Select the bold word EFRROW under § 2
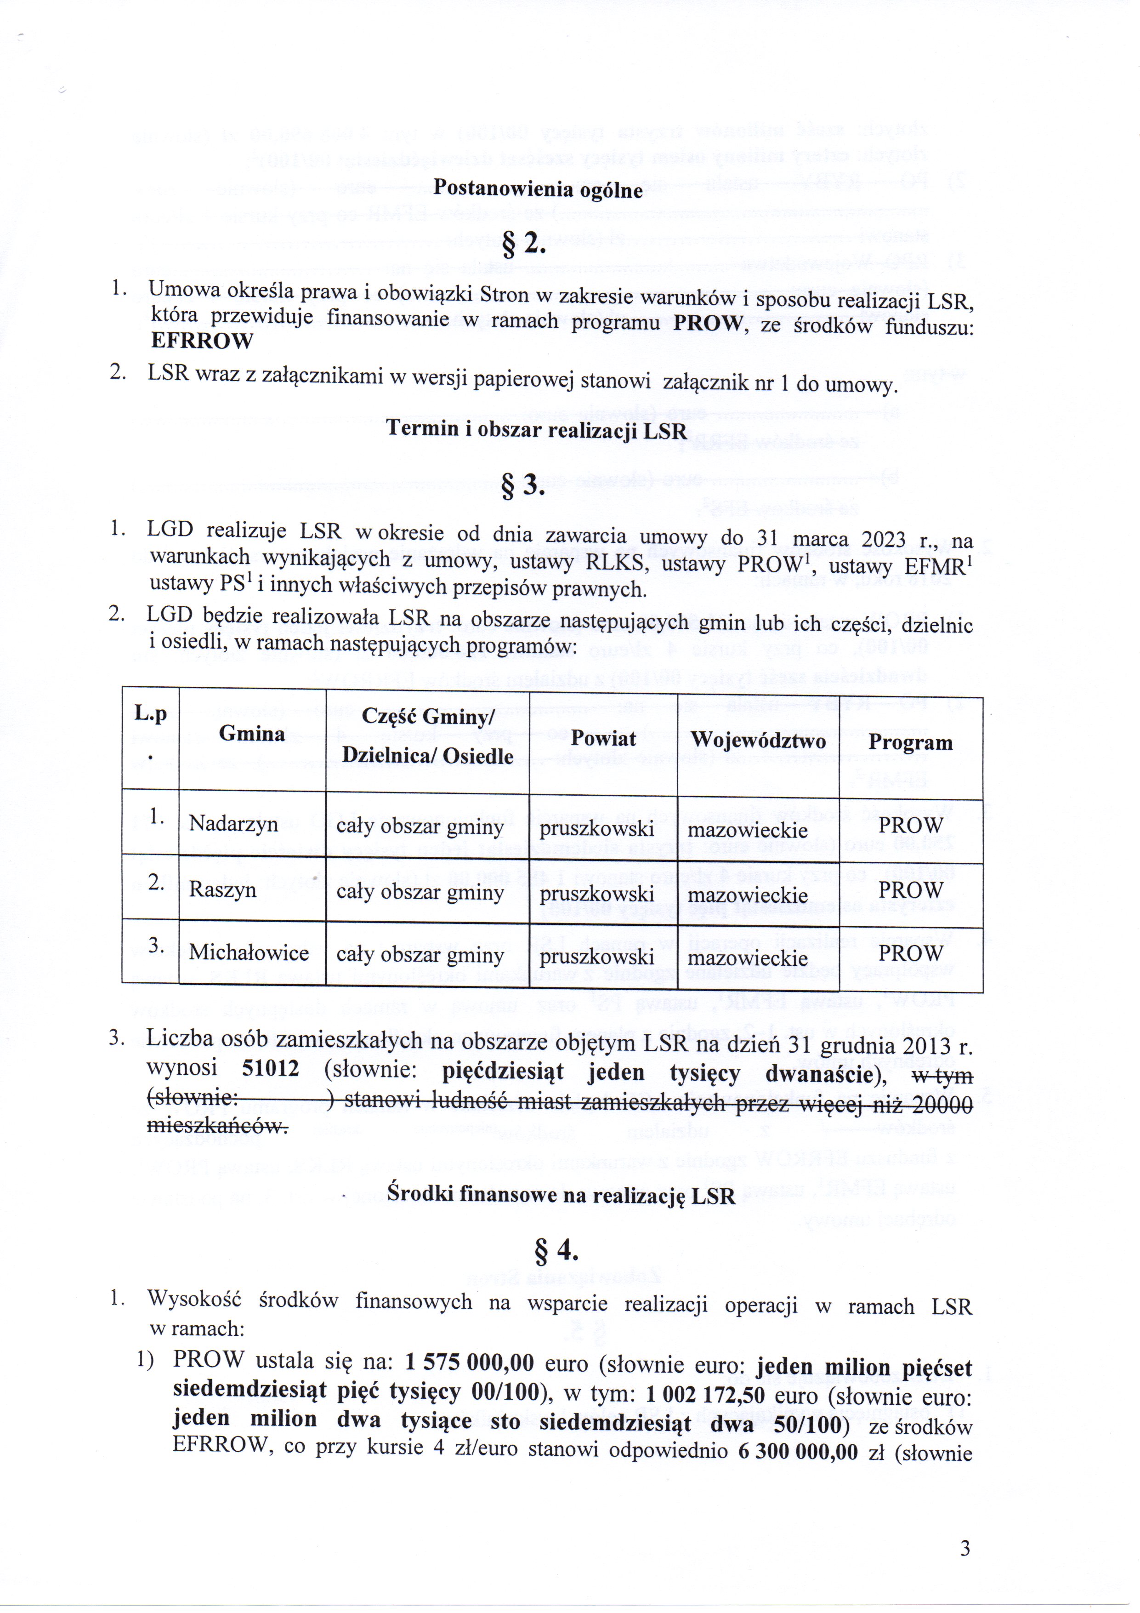click(202, 341)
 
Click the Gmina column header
click(251, 734)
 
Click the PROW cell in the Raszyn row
click(910, 890)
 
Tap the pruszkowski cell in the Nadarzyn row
click(596, 829)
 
